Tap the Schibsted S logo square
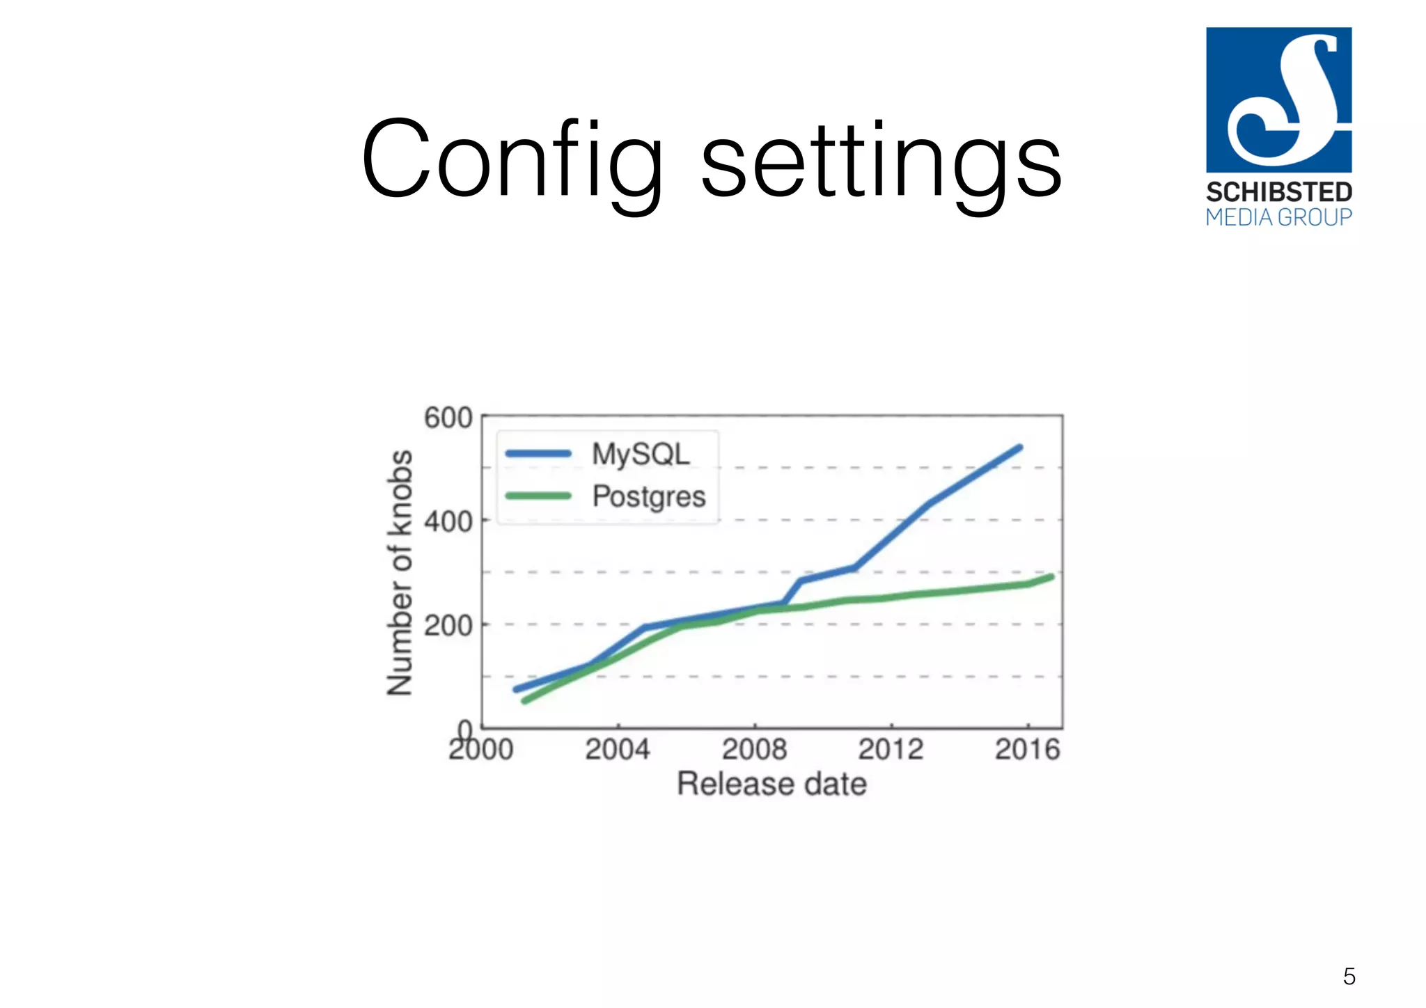coord(1278,100)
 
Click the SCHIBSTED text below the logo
coord(1278,192)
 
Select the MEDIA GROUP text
coord(1278,217)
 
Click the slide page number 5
coord(1349,976)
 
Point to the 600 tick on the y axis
coord(448,418)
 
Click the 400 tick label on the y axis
coord(448,521)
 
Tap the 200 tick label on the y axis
coord(448,625)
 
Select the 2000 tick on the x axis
coord(481,750)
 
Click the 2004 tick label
coord(618,750)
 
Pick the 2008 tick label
coord(754,750)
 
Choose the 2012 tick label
coord(891,750)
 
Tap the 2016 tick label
coord(1027,750)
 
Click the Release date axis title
coord(771,784)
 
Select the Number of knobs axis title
coord(400,572)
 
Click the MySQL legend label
coord(641,454)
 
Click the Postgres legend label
coord(649,496)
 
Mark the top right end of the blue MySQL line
coord(1020,447)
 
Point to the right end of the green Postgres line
coord(1051,576)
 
